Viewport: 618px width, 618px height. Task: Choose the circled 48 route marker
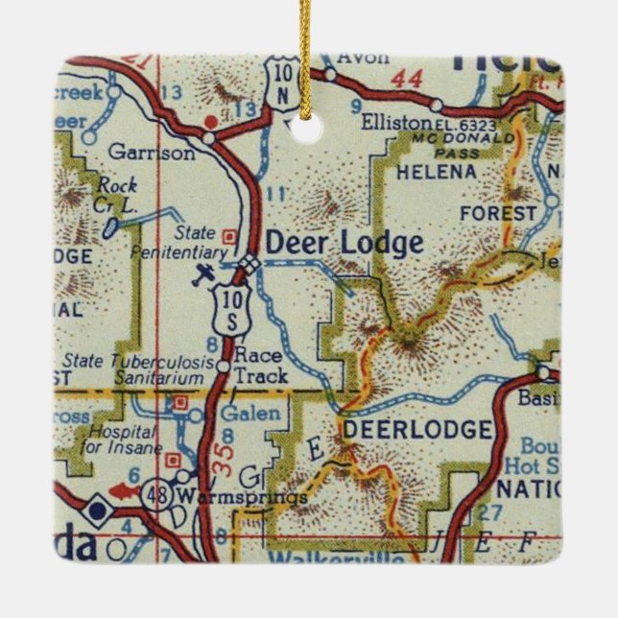pyautogui.click(x=154, y=495)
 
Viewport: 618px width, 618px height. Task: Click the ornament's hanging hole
pyautogui.click(x=307, y=130)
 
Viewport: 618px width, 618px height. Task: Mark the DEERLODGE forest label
pyautogui.click(x=416, y=429)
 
